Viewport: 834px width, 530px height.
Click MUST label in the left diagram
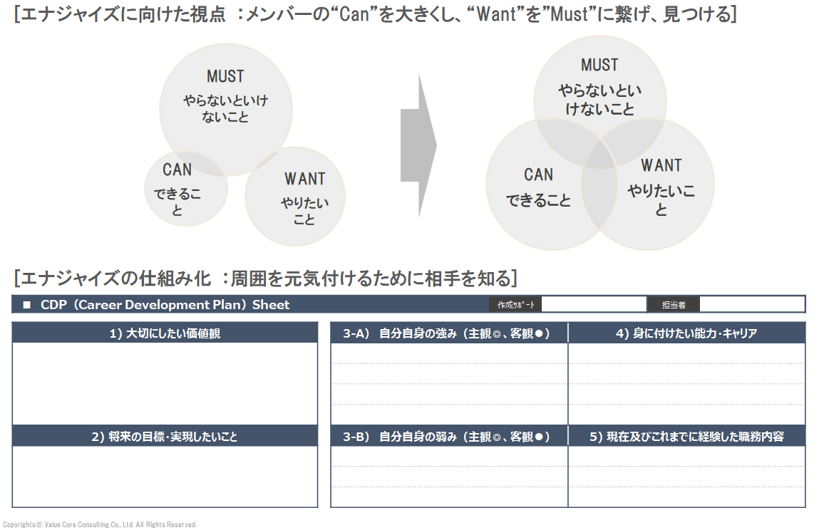(x=225, y=76)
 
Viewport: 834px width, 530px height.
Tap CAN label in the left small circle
(x=177, y=170)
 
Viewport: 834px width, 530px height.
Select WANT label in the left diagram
(x=304, y=179)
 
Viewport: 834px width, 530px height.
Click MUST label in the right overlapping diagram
(x=599, y=65)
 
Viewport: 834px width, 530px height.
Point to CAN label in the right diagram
(x=538, y=175)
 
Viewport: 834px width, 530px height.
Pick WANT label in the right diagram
(x=661, y=165)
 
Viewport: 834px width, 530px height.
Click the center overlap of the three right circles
(x=599, y=153)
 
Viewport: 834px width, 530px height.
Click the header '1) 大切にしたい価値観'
(x=165, y=333)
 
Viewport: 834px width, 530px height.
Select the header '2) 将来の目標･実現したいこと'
(x=165, y=436)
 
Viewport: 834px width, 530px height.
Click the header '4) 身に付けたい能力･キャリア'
(x=686, y=333)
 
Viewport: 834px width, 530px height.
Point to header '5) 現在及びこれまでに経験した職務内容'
(x=686, y=436)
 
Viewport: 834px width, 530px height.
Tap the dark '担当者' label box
(x=673, y=305)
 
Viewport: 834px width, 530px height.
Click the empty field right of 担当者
(x=751, y=305)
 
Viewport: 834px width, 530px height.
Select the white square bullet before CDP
(x=27, y=305)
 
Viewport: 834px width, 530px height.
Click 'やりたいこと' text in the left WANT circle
(x=304, y=211)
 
